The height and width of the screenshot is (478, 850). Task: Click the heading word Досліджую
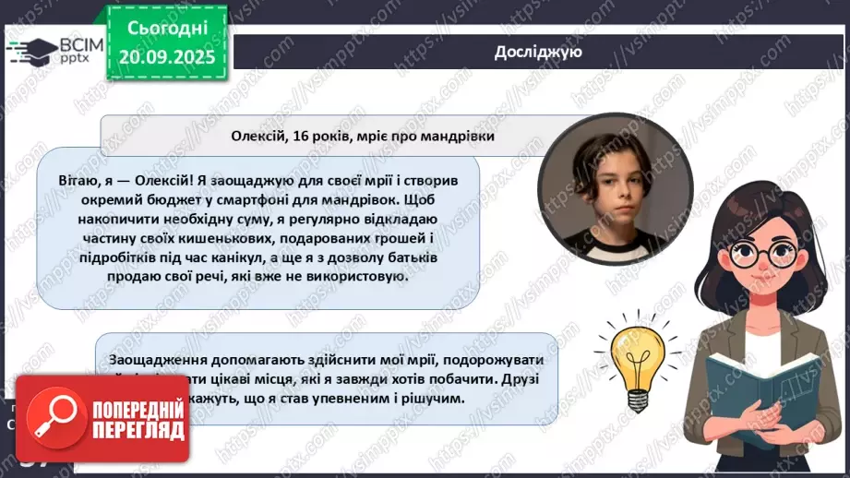click(x=537, y=52)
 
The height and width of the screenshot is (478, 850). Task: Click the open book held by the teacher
click(x=757, y=388)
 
